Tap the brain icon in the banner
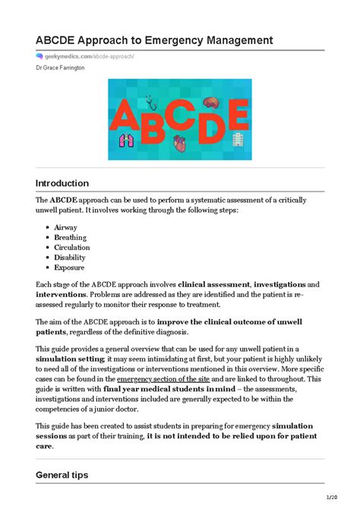[x=210, y=102]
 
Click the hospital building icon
[x=238, y=139]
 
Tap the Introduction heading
[x=62, y=183]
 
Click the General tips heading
[x=62, y=475]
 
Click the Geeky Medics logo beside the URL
[x=39, y=55]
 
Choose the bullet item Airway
[x=65, y=227]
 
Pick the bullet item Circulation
[x=72, y=247]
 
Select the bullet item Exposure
[x=69, y=267]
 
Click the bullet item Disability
[x=71, y=257]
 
